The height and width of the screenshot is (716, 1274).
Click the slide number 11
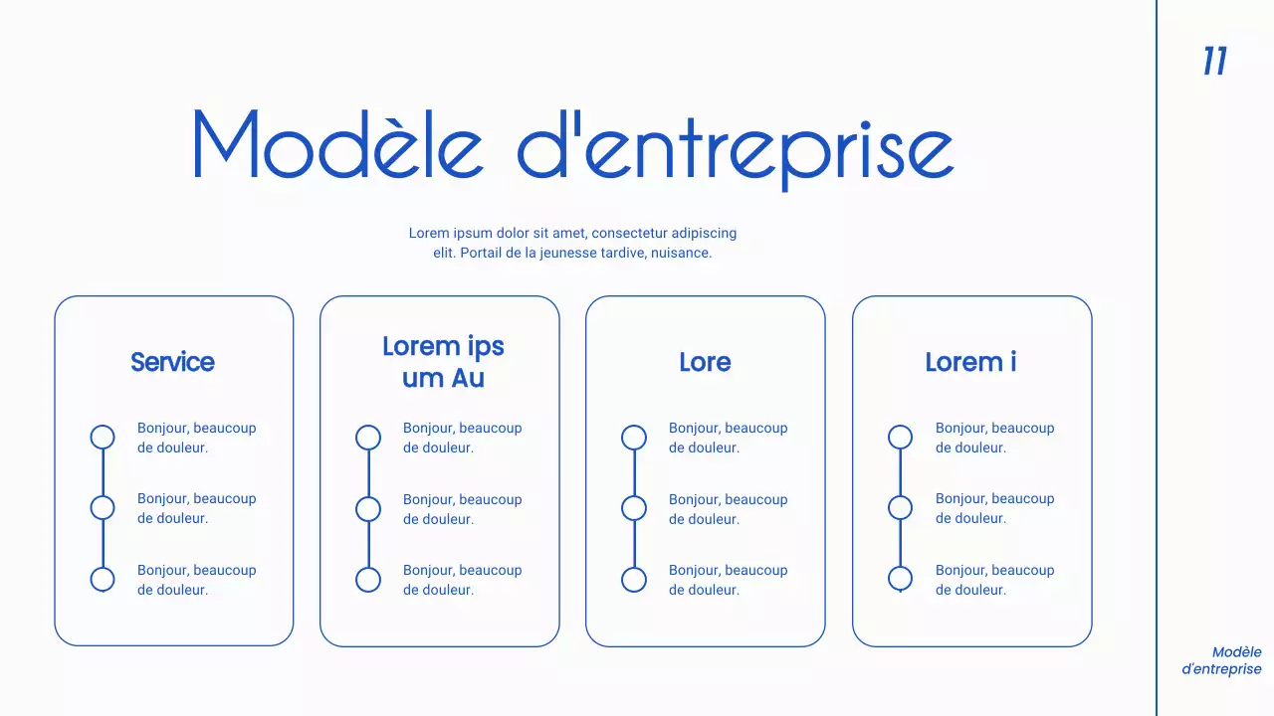point(1214,62)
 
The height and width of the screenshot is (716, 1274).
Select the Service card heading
point(172,362)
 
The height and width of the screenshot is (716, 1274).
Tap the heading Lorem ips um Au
point(443,362)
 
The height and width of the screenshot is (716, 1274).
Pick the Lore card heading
point(705,362)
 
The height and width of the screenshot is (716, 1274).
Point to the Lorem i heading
point(970,362)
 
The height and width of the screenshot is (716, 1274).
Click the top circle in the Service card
point(103,437)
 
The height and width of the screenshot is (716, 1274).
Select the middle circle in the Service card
point(103,508)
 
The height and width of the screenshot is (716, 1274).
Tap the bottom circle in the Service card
point(103,580)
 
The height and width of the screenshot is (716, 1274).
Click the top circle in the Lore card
point(634,437)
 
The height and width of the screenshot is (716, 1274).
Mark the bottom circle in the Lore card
point(634,580)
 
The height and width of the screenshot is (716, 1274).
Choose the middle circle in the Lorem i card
point(900,508)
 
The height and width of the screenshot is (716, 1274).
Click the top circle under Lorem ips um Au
point(368,437)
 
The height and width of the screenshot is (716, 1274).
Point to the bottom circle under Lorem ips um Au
point(368,580)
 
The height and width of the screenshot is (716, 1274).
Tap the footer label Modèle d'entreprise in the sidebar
point(1222,661)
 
